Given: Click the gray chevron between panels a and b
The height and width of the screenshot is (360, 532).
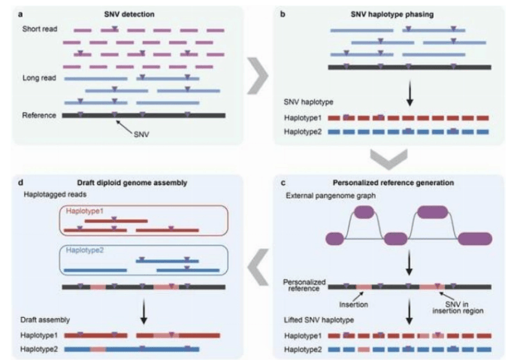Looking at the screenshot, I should coord(258,74).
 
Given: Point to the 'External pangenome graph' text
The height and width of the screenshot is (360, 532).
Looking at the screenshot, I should coord(324,197).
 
